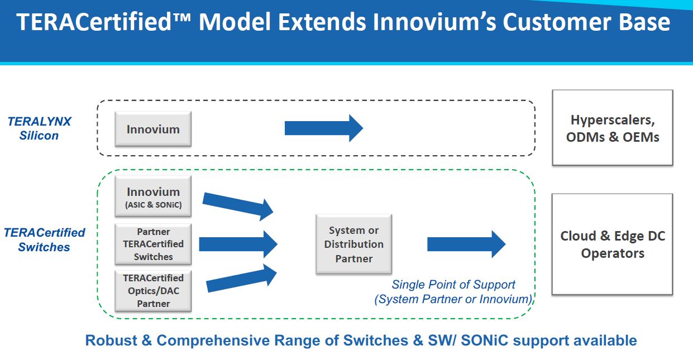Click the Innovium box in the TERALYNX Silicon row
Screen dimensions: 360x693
click(153, 129)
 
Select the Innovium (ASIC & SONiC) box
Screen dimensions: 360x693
click(153, 197)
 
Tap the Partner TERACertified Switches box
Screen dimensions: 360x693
click(153, 244)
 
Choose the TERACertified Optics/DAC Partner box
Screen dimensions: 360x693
click(153, 290)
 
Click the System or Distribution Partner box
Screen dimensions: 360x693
click(353, 244)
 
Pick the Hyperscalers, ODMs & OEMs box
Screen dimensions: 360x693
click(613, 128)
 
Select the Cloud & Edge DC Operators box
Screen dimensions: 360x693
click(613, 244)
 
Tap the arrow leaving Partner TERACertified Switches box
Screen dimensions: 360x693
click(238, 244)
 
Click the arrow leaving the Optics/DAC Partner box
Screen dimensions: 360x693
click(241, 279)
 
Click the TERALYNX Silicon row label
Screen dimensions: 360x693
click(39, 128)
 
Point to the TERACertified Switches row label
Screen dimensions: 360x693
click(44, 240)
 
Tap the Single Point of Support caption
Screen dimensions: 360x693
click(453, 292)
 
